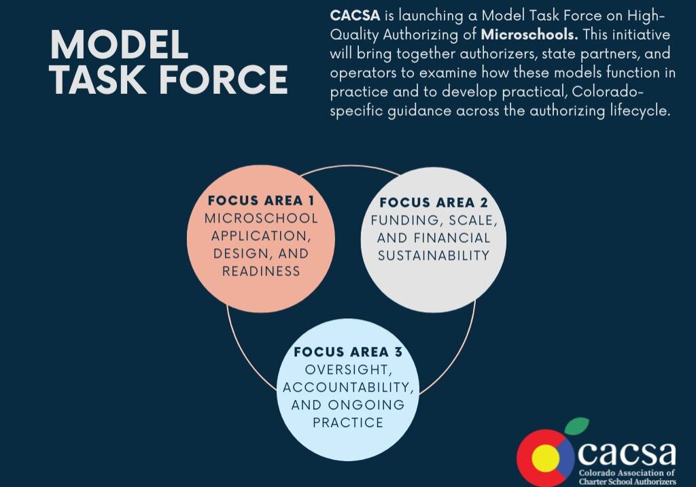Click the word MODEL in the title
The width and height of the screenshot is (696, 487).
coord(120,44)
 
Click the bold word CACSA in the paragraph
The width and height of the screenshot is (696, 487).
coord(355,16)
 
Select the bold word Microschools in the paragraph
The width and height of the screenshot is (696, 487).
coord(529,34)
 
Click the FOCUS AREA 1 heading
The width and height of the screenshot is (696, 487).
coord(261,201)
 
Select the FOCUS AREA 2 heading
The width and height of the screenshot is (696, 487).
coord(434,203)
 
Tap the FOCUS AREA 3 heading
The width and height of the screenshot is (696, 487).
coord(348,352)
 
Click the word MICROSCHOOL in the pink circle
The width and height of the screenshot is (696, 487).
coord(261,218)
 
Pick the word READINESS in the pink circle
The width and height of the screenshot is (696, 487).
coord(261,271)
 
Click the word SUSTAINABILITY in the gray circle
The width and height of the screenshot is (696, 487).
coord(434,256)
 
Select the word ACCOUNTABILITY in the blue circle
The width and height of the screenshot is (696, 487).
coord(348,388)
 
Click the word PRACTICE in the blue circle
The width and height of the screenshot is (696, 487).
coord(348,422)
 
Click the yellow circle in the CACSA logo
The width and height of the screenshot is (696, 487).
coord(546,459)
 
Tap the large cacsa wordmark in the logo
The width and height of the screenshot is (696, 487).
coord(627,453)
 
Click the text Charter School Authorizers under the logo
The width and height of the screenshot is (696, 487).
coord(627,482)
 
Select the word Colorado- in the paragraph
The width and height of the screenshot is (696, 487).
coord(608,92)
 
